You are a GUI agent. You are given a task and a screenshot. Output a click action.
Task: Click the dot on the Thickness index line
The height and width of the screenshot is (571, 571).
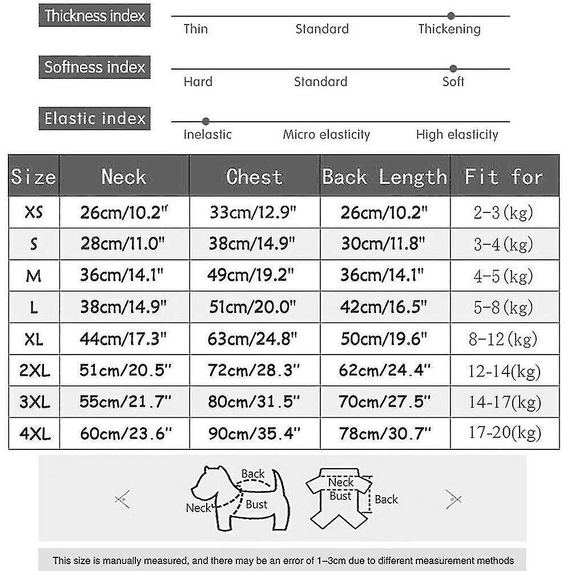tap(451, 16)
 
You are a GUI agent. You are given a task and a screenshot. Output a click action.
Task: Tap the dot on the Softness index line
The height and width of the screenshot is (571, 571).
tap(453, 69)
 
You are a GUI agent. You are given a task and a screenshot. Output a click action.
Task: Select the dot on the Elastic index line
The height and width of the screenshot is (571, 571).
tap(206, 121)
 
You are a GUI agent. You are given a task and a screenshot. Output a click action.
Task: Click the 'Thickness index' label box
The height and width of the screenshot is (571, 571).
tap(95, 15)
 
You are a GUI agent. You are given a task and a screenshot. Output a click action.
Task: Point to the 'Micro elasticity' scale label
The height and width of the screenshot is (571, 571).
tap(327, 135)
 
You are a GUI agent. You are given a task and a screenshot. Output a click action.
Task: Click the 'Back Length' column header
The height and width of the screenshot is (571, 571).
tap(384, 176)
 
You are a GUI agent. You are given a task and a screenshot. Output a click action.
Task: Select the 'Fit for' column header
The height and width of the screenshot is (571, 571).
tap(503, 176)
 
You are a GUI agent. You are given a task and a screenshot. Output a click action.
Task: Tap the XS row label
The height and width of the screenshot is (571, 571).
tap(34, 213)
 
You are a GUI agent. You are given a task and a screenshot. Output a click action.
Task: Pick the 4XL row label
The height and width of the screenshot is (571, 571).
tap(34, 434)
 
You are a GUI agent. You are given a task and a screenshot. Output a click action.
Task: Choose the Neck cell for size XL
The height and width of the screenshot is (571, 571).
tap(123, 339)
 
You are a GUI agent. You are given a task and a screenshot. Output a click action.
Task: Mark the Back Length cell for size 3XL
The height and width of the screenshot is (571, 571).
tap(384, 402)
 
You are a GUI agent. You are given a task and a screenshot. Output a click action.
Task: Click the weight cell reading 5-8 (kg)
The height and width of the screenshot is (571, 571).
tap(503, 308)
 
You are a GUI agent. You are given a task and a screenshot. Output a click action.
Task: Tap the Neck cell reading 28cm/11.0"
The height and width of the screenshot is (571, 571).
tap(123, 244)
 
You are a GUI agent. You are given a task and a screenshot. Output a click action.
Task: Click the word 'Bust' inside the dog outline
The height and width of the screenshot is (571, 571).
tap(256, 504)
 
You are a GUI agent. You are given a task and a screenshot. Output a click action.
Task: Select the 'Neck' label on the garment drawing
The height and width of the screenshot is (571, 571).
tap(341, 482)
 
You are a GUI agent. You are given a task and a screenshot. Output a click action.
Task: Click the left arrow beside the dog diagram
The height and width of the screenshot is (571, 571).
tap(122, 499)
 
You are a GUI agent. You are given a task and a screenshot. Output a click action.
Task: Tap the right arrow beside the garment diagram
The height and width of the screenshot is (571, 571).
tap(453, 499)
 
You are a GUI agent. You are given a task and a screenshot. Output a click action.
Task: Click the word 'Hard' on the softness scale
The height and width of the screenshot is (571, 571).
tap(198, 82)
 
